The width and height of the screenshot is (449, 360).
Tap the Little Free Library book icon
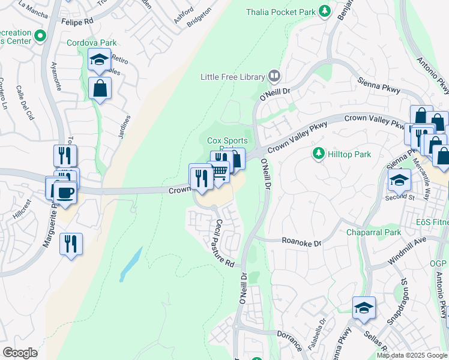click(274, 76)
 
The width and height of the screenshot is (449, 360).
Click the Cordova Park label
click(92, 43)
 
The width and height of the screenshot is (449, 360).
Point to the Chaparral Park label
click(373, 232)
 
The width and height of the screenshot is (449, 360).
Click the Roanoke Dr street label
click(302, 242)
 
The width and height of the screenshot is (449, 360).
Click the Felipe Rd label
click(77, 21)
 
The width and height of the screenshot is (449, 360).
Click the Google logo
click(20, 352)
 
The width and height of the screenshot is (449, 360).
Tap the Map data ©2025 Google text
click(412, 355)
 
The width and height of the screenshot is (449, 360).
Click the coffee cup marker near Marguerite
click(65, 193)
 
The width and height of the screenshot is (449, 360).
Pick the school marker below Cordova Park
click(98, 60)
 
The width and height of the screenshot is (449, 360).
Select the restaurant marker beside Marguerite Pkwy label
click(71, 244)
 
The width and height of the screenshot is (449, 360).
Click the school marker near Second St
click(399, 179)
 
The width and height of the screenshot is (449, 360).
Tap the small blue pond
click(131, 264)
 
